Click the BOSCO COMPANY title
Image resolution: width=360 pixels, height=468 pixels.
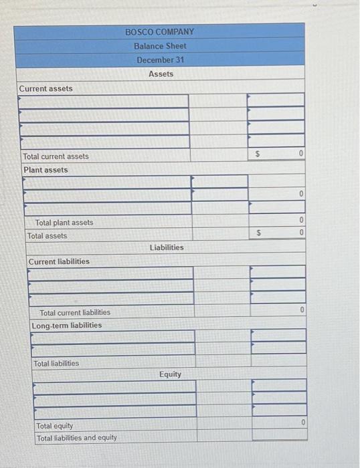159,31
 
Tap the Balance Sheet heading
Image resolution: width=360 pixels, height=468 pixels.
160,46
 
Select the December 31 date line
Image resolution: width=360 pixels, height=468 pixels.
160,60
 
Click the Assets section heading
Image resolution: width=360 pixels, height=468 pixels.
161,74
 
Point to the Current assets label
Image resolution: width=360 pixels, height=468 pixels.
46,88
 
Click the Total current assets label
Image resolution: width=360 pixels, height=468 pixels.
56,156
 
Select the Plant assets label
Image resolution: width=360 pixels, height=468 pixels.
46,170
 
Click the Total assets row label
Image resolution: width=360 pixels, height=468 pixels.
47,236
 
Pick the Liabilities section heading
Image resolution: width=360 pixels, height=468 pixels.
167,247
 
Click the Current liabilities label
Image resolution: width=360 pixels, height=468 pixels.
59,261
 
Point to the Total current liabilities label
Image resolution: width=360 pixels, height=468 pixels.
75,312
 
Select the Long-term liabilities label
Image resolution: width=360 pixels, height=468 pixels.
67,326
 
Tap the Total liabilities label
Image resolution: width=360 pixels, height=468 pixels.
56,364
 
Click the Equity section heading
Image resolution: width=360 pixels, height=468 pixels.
170,374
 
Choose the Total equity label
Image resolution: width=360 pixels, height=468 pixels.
55,426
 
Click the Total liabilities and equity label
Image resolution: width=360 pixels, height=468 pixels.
77,438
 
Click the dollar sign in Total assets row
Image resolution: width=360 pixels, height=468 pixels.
258,233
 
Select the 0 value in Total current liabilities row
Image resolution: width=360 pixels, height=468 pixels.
302,310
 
